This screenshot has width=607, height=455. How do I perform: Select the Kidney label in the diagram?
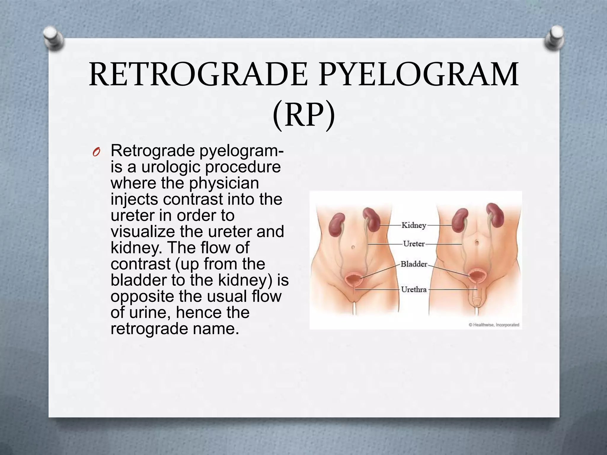(x=414, y=225)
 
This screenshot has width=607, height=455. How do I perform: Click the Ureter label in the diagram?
(x=414, y=244)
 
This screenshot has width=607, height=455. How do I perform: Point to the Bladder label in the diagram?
(x=414, y=264)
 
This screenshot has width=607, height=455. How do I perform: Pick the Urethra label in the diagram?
(x=414, y=289)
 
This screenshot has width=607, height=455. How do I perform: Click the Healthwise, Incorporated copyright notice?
(x=494, y=325)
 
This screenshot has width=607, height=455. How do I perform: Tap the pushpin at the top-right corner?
(x=554, y=38)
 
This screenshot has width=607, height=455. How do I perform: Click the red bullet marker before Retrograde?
(x=96, y=153)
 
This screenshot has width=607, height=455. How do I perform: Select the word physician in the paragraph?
(x=224, y=183)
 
